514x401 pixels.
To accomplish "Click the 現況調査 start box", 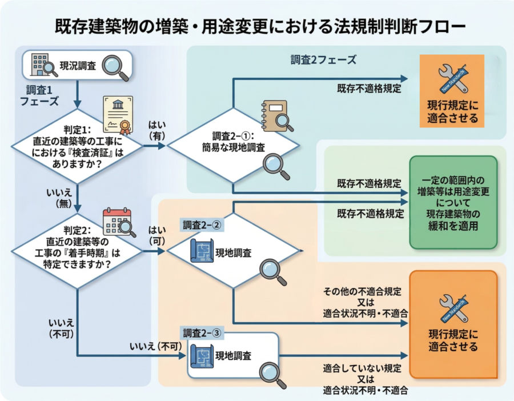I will click(x=77, y=65).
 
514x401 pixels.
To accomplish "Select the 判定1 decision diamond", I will click(x=77, y=146).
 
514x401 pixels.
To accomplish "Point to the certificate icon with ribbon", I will click(x=118, y=114).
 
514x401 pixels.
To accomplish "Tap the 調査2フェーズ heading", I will click(x=323, y=60).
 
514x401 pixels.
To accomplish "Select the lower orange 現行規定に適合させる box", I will click(x=453, y=324).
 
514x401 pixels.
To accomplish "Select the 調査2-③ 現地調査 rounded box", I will click(x=233, y=355).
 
